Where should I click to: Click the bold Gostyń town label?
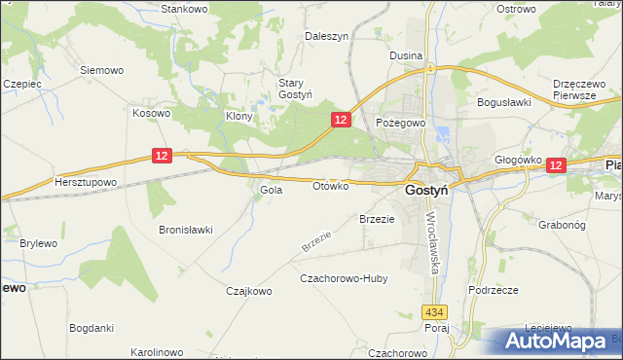point(425,192)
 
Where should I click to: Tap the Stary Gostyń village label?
point(295,89)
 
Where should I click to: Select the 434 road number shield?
point(434,311)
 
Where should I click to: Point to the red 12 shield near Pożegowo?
point(340,119)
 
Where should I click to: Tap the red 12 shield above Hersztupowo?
point(163,155)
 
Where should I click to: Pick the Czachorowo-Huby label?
point(344,278)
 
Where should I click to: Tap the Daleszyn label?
point(326,35)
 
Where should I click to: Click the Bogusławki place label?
point(502,101)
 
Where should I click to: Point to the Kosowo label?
point(152,113)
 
